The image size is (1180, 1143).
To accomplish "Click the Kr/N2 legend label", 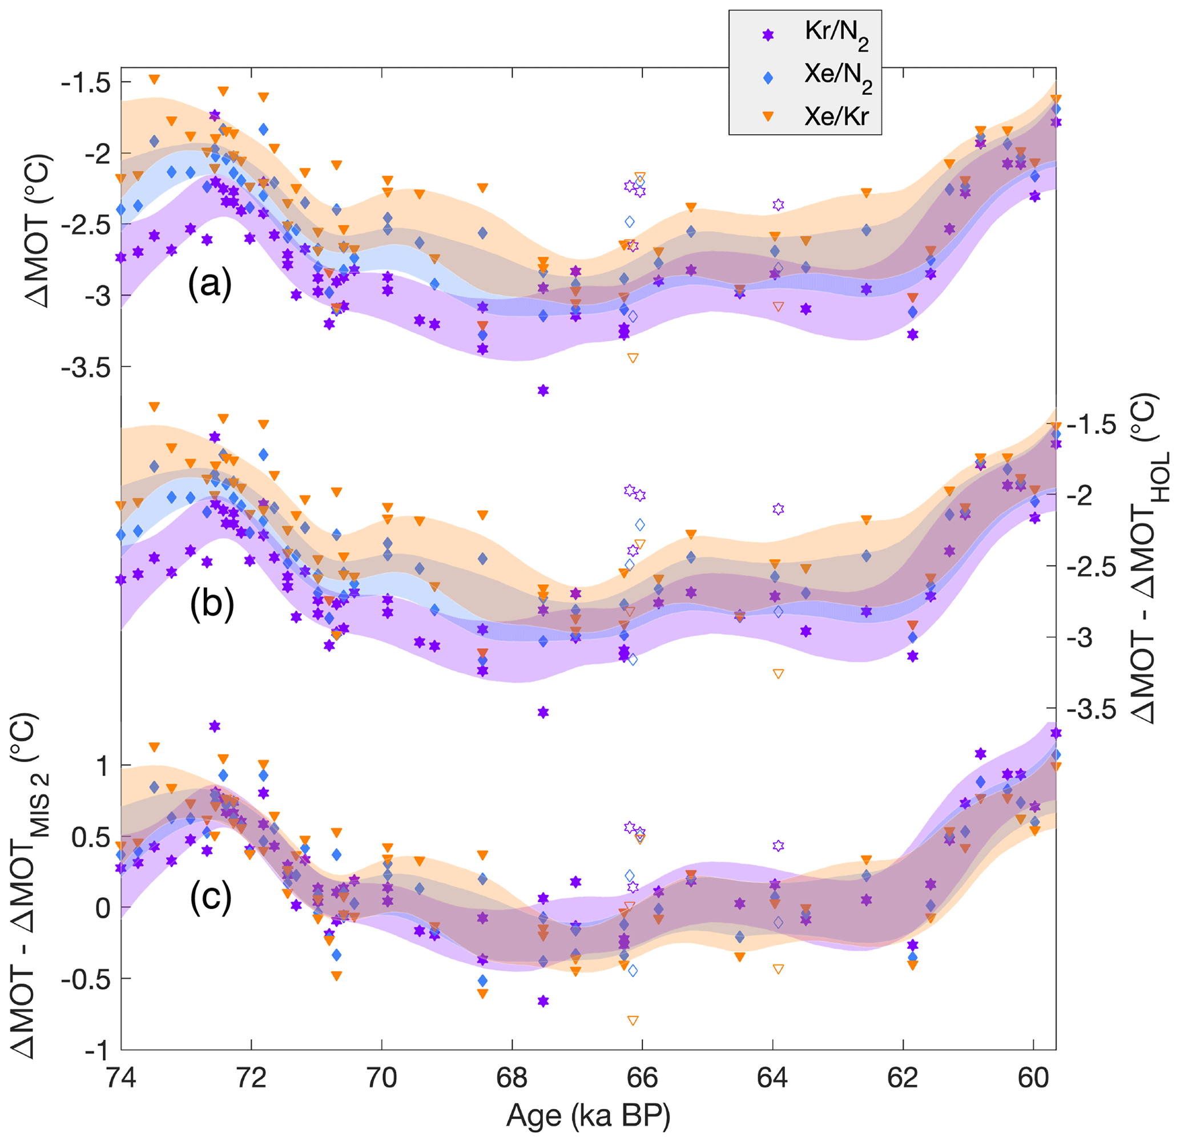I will click(x=836, y=34).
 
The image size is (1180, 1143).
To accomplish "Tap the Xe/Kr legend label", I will click(x=836, y=116).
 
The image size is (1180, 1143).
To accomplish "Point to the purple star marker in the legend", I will click(x=768, y=35).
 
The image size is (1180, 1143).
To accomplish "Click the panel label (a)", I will click(x=210, y=284).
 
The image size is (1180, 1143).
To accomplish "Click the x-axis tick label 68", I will click(x=512, y=1078).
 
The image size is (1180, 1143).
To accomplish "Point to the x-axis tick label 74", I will click(x=121, y=1078).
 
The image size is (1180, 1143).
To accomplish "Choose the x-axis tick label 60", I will click(x=1033, y=1078).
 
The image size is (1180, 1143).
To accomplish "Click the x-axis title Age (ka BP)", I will click(x=588, y=1115).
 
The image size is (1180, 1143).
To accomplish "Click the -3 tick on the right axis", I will click(x=1084, y=637).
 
